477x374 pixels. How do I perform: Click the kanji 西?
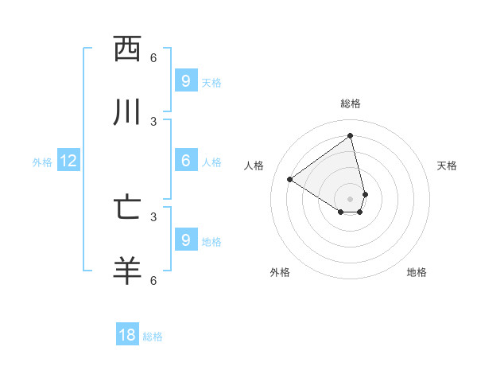pyautogui.click(x=127, y=49)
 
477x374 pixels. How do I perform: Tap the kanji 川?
pyautogui.click(x=127, y=112)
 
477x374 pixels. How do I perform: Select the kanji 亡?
pyautogui.click(x=127, y=208)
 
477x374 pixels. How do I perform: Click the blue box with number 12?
pyautogui.click(x=68, y=162)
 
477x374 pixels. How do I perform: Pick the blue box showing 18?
pyautogui.click(x=127, y=335)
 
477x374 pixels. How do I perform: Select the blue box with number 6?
pyautogui.click(x=185, y=161)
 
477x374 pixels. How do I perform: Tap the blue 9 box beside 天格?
pyautogui.click(x=185, y=81)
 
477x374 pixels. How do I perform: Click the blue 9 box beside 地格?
pyautogui.click(x=185, y=240)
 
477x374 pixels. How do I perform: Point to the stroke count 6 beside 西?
pyautogui.click(x=153, y=58)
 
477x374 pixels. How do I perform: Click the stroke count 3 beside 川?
pyautogui.click(x=153, y=122)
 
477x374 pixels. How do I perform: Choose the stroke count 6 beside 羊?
pyautogui.click(x=153, y=281)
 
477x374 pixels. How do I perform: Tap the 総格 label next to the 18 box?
pyautogui.click(x=153, y=337)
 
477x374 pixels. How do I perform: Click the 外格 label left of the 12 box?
pyautogui.click(x=42, y=162)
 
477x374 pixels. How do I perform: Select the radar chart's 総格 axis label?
pyautogui.click(x=351, y=103)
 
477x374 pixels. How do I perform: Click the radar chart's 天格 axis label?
pyautogui.click(x=447, y=166)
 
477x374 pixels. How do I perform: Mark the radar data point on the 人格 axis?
pyautogui.click(x=290, y=180)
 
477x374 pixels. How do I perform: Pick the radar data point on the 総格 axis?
pyautogui.click(x=351, y=136)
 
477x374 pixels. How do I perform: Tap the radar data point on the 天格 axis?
pyautogui.click(x=365, y=194)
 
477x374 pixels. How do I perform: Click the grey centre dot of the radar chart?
pyautogui.click(x=351, y=199)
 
